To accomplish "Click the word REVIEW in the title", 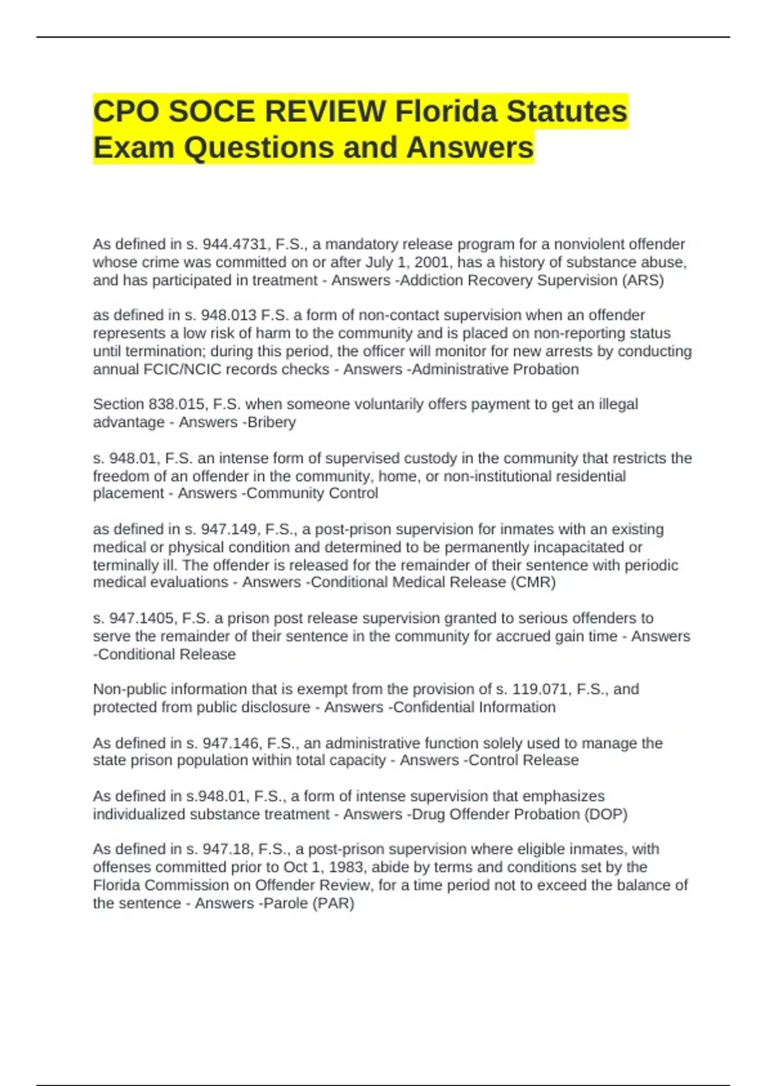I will click(x=324, y=112).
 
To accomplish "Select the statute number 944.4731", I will click(x=236, y=245).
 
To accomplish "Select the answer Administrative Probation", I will click(x=495, y=369).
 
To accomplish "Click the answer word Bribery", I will click(x=272, y=422).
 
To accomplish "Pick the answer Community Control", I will click(x=313, y=493).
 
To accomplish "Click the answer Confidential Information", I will click(x=474, y=707).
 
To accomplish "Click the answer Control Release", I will click(x=523, y=760).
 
